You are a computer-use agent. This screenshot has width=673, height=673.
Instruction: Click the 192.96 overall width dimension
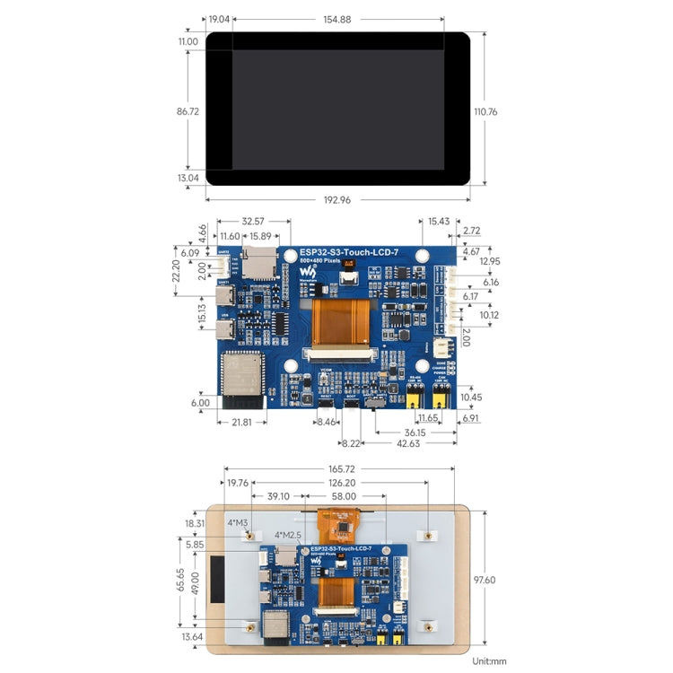(336, 199)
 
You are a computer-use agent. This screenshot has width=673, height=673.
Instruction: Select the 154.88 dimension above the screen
(336, 19)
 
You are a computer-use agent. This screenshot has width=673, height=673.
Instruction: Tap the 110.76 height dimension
(485, 111)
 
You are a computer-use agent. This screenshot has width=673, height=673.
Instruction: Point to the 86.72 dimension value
(188, 111)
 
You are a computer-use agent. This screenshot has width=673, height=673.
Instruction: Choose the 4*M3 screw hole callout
(238, 522)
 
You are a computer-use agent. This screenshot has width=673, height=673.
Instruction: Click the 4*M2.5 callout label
(288, 535)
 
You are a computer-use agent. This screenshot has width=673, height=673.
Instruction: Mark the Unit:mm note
(488, 661)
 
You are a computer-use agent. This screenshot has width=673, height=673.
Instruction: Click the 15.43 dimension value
(439, 222)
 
